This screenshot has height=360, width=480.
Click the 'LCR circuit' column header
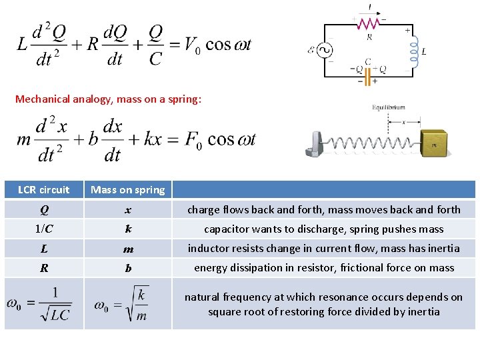pyautogui.click(x=44, y=190)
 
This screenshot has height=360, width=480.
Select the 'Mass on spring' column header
pyautogui.click(x=128, y=190)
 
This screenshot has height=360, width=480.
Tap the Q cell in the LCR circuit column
pyautogui.click(x=44, y=209)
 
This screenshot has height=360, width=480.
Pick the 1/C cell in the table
pyautogui.click(x=44, y=229)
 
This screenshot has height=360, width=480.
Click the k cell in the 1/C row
pyautogui.click(x=128, y=229)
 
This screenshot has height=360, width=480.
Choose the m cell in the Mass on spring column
pyautogui.click(x=128, y=249)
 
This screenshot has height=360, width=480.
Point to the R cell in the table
pyautogui.click(x=44, y=268)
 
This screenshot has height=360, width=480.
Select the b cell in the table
pyautogui.click(x=128, y=268)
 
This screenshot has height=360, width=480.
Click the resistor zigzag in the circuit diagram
pyautogui.click(x=369, y=23)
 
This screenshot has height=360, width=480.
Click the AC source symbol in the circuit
pyautogui.click(x=327, y=50)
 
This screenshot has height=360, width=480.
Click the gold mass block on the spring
pyautogui.click(x=436, y=141)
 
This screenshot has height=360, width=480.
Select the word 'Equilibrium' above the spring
pyautogui.click(x=388, y=107)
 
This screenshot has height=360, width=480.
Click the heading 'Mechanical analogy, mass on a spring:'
pyautogui.click(x=108, y=99)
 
